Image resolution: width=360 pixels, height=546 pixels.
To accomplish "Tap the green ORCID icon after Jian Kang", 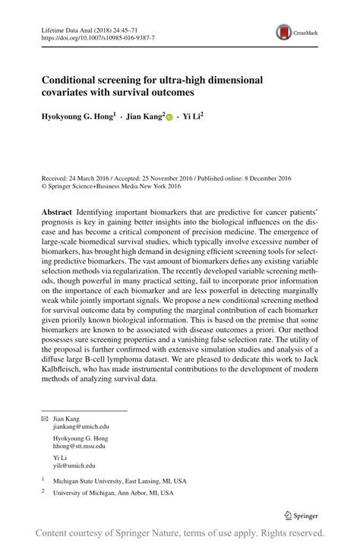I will tap(169, 118).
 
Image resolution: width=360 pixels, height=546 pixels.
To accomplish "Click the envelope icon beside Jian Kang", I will tap(43, 418).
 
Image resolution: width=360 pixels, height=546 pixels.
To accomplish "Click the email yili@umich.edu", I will tap(74, 465).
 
